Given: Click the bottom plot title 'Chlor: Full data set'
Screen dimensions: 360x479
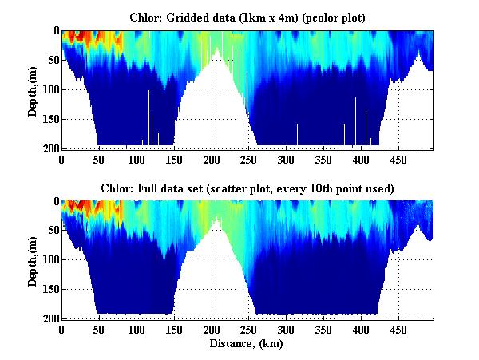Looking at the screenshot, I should point(247,188).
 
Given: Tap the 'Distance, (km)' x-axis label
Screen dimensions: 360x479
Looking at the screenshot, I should point(247,344).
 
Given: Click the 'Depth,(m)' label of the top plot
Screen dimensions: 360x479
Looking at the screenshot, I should point(33,89).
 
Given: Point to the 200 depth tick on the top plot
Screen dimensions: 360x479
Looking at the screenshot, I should point(49,148).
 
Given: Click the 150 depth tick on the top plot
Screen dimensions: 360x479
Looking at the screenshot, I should point(49,119).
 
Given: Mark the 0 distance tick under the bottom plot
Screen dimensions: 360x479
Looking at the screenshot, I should point(62,329).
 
